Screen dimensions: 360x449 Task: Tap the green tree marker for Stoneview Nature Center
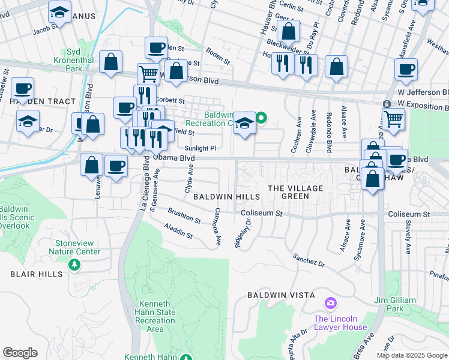point(74,265)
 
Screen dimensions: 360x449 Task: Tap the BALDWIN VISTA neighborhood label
point(282,295)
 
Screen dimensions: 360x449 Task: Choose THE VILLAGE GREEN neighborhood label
point(295,192)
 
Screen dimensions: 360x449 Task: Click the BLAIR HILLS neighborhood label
point(36,274)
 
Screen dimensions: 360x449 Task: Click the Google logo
point(20,353)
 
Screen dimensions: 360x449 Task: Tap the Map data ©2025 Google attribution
point(412,355)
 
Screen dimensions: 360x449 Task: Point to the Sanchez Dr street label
point(309,260)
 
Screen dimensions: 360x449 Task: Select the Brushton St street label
point(184,216)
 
